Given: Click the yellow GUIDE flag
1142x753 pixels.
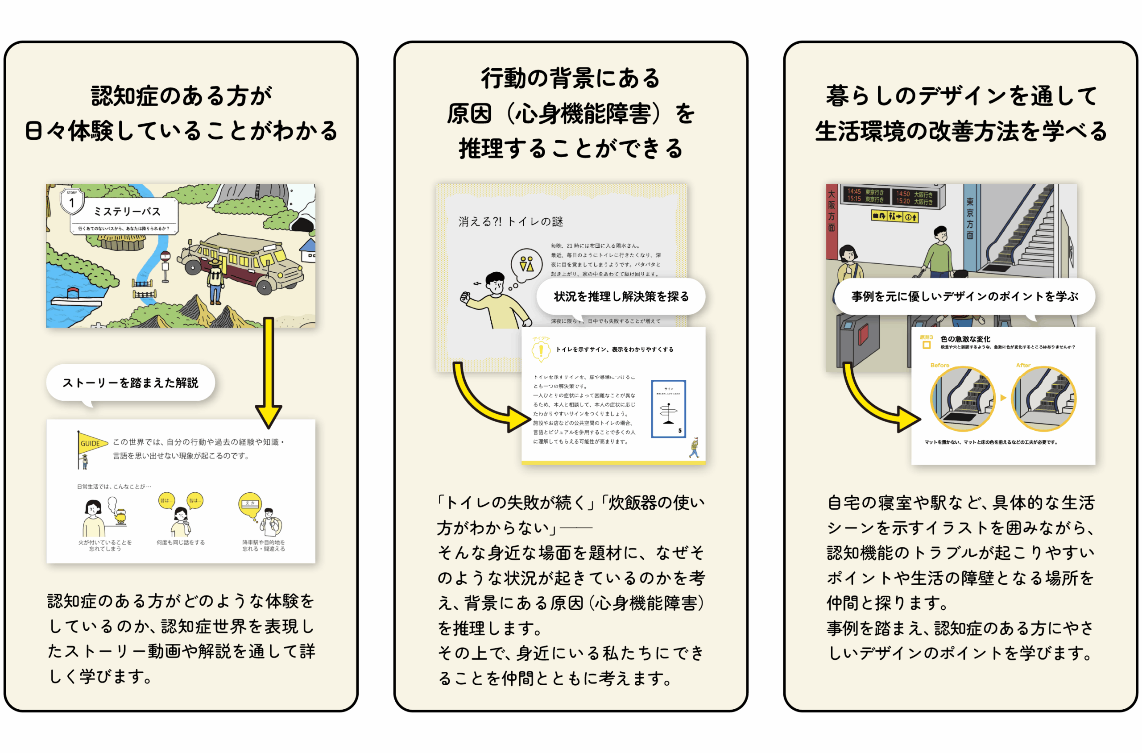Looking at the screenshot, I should click(91, 443).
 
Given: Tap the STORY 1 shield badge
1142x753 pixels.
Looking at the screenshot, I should click(72, 201).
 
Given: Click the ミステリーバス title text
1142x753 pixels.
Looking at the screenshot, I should click(127, 212).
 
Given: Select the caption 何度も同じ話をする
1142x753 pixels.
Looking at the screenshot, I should click(180, 543).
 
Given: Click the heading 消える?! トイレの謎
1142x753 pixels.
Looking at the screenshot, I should click(510, 221).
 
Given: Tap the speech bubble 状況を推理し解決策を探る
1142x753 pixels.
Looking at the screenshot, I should click(621, 297).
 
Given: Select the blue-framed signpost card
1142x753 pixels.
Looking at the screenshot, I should click(668, 409).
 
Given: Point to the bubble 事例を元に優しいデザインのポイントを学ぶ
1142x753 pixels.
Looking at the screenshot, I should click(964, 297).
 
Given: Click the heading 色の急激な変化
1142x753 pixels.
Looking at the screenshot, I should click(965, 339).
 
